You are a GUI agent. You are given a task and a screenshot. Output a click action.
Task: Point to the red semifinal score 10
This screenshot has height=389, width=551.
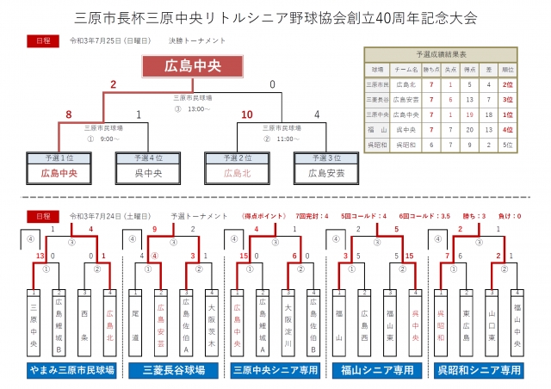click(247, 114)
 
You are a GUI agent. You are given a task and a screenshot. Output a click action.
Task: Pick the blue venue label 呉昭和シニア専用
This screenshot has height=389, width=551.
click(481, 370)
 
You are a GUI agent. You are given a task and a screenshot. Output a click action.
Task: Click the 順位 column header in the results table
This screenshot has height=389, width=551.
click(508, 69)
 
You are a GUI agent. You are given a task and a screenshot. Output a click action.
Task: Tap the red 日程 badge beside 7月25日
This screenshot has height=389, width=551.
click(44, 40)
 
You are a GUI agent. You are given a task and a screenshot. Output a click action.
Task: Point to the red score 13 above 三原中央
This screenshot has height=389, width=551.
click(40, 256)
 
